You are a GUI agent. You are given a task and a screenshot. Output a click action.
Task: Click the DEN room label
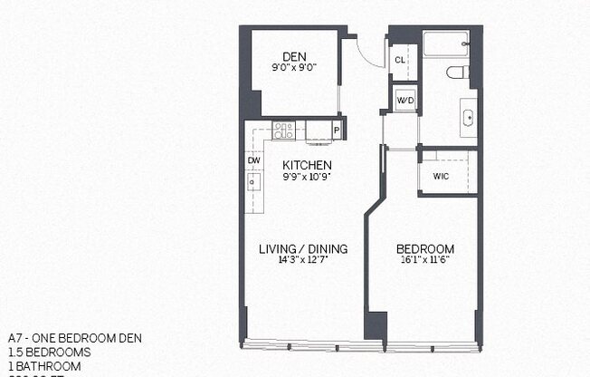(x=292, y=55)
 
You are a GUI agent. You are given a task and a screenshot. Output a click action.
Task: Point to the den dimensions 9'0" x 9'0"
(x=292, y=66)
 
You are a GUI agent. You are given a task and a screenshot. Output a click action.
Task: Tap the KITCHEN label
(x=307, y=165)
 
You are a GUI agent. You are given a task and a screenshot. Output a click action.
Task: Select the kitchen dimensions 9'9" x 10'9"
(x=307, y=176)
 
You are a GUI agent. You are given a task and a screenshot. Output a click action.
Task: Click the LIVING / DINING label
(x=303, y=249)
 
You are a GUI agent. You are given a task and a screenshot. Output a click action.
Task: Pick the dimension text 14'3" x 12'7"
(x=303, y=260)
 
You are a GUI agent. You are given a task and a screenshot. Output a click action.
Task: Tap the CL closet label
(x=399, y=60)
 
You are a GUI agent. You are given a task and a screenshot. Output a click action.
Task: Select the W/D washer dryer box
(x=404, y=101)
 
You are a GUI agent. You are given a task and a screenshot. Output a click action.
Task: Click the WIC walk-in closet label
(x=442, y=176)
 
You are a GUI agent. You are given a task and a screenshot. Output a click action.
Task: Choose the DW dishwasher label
(x=254, y=160)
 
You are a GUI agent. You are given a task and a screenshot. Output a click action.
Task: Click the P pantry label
(x=337, y=130)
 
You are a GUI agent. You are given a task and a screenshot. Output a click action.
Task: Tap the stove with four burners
(x=284, y=130)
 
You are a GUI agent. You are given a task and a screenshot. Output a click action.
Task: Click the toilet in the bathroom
(x=456, y=72)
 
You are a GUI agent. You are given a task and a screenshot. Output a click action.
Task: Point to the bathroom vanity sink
(x=468, y=118)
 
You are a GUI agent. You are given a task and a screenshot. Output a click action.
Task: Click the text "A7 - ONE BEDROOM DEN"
(x=74, y=338)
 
